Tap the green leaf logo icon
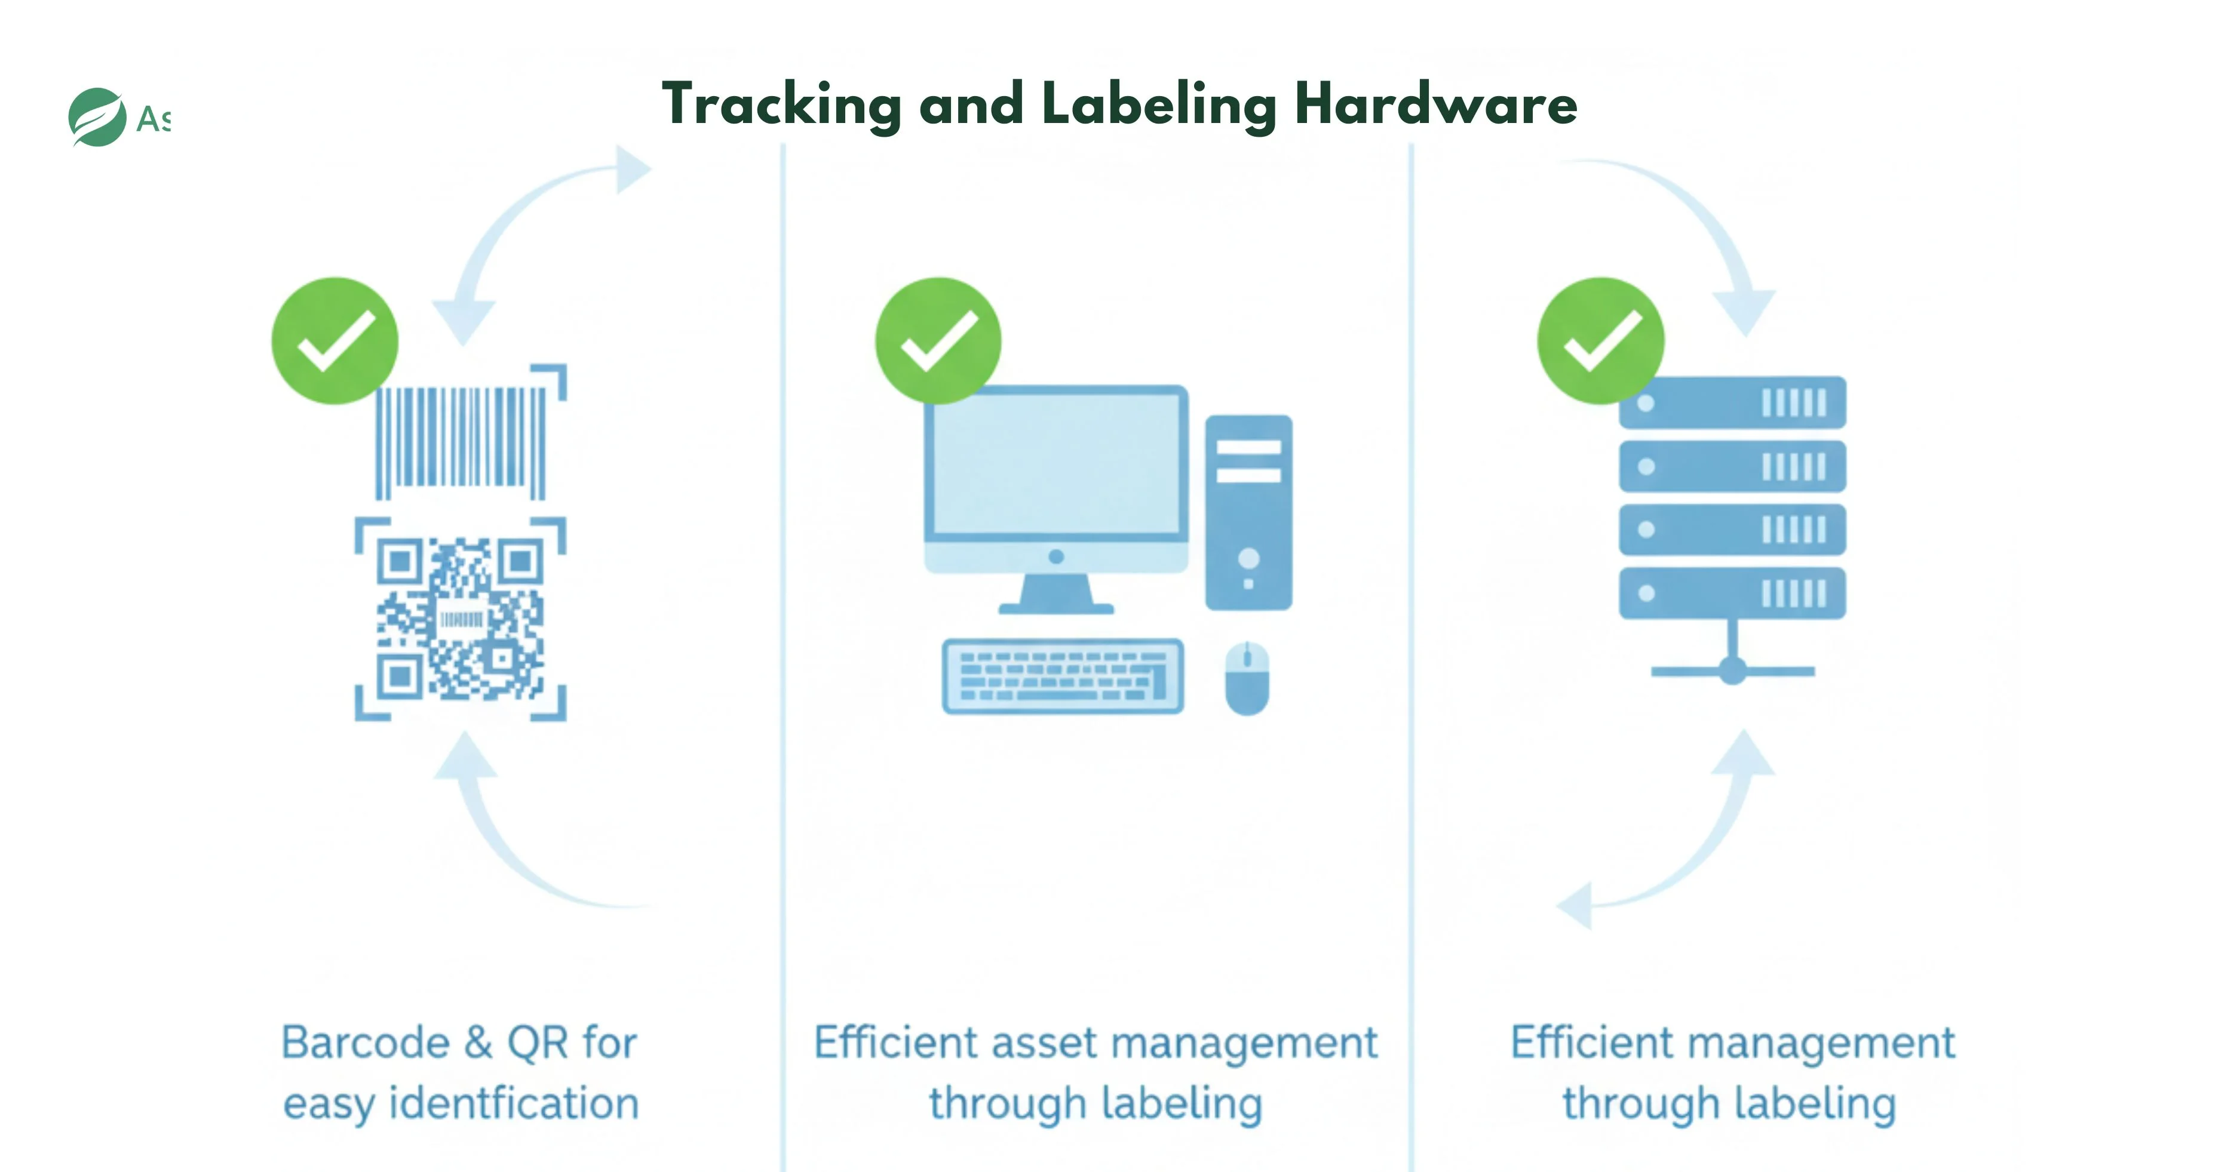(x=97, y=118)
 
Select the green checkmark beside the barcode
(x=335, y=341)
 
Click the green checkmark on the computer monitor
(x=938, y=341)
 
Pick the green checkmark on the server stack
(x=1601, y=341)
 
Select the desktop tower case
(x=1248, y=513)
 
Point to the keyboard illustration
(x=1063, y=676)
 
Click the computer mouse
(x=1247, y=678)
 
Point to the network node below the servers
(x=1732, y=670)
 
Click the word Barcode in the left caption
(x=365, y=1042)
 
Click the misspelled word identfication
(x=513, y=1103)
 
